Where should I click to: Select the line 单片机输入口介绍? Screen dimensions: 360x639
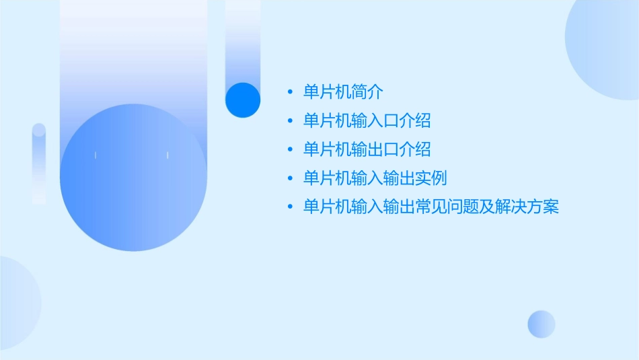click(367, 120)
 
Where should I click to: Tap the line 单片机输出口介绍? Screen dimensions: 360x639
click(367, 149)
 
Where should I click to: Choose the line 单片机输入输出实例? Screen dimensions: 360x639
click(375, 178)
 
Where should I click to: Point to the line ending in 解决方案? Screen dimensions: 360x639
click(430, 207)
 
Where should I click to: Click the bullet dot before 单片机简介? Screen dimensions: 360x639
click(290, 92)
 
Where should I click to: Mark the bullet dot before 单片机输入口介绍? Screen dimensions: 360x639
click(290, 121)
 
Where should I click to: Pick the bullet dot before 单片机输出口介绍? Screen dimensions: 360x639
click(290, 150)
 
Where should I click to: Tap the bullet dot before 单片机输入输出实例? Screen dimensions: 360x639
click(290, 179)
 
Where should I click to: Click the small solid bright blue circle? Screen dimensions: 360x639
click(243, 100)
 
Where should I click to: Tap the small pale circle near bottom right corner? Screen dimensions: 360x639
click(541, 324)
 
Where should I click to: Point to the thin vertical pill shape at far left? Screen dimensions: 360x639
click(39, 164)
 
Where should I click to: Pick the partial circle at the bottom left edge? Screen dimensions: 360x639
click(17, 303)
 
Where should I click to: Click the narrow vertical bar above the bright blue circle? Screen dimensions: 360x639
click(243, 40)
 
